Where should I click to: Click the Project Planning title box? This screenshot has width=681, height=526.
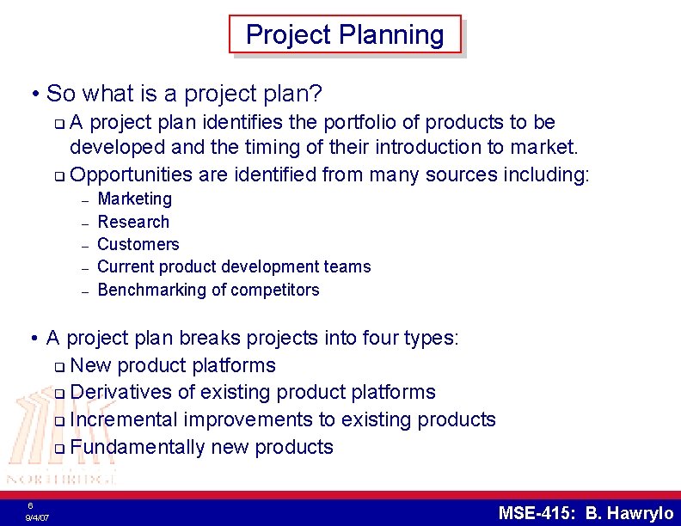click(x=345, y=34)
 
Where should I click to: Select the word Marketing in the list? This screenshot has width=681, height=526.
click(x=135, y=199)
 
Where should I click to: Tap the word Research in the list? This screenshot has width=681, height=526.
click(x=133, y=222)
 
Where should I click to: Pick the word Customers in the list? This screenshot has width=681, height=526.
click(x=138, y=244)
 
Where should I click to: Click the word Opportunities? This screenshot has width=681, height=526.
click(x=132, y=175)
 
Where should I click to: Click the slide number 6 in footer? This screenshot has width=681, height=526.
click(x=30, y=505)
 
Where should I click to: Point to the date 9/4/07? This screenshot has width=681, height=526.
click(x=37, y=518)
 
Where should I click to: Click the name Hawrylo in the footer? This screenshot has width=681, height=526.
click(x=640, y=513)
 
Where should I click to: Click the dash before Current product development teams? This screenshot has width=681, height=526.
click(x=85, y=267)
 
